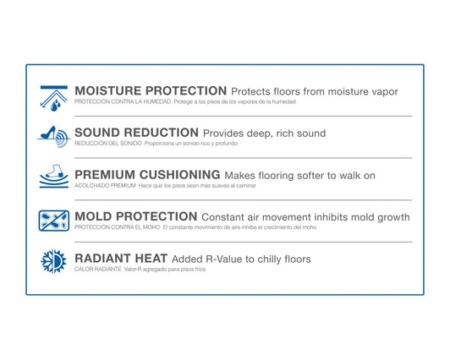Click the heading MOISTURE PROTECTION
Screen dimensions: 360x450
151,91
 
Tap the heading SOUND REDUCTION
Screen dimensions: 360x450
136,134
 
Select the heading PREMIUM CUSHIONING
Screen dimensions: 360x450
147,176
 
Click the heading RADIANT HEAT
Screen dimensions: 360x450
120,259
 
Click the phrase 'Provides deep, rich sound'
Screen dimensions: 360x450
264,134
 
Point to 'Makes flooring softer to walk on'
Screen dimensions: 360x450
299,176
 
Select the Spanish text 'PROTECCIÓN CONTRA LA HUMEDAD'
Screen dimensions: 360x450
122,102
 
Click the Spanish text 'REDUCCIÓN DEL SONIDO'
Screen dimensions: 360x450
107,144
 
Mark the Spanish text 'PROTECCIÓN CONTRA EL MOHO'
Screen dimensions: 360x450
117,227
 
